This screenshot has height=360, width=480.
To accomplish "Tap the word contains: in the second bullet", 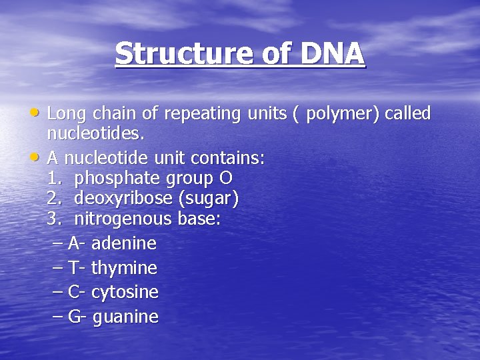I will [x=228, y=158].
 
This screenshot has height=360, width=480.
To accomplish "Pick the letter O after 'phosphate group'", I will [x=226, y=179].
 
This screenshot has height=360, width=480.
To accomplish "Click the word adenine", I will [x=123, y=243].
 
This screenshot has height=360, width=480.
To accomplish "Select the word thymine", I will [x=124, y=268].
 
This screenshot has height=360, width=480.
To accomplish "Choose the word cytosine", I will [x=125, y=292].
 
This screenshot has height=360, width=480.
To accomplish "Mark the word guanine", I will [x=125, y=317].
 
